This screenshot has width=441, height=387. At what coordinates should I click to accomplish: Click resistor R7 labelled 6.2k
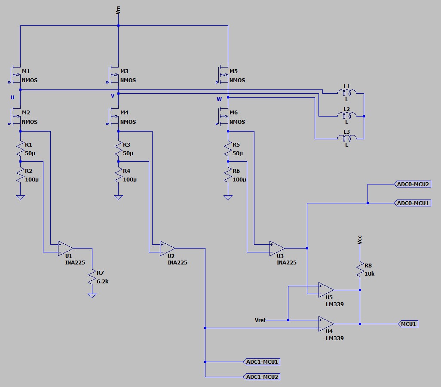tap(92, 277)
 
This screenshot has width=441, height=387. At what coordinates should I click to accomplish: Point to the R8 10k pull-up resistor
tap(360, 270)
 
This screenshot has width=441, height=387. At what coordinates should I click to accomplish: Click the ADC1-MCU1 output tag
tap(262, 362)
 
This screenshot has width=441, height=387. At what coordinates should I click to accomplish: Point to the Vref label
tap(260, 320)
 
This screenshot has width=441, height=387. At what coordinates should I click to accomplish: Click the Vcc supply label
tap(360, 240)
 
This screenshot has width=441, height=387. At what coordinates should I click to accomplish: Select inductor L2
tap(346, 115)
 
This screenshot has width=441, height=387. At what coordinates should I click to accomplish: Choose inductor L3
tap(346, 138)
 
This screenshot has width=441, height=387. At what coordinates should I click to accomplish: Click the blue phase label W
tap(219, 99)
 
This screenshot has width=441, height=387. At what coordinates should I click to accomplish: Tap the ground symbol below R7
tap(92, 295)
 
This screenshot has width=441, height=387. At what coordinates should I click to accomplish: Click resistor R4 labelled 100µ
tap(118, 175)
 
